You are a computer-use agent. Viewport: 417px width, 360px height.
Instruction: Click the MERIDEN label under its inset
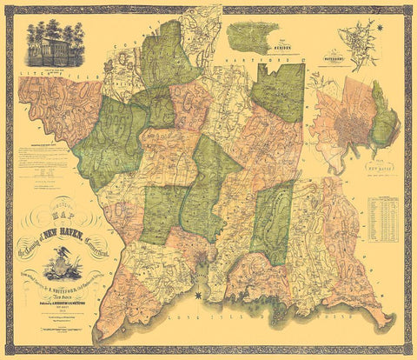(253, 54)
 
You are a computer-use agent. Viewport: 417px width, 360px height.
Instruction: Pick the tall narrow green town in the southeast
(273, 222)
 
